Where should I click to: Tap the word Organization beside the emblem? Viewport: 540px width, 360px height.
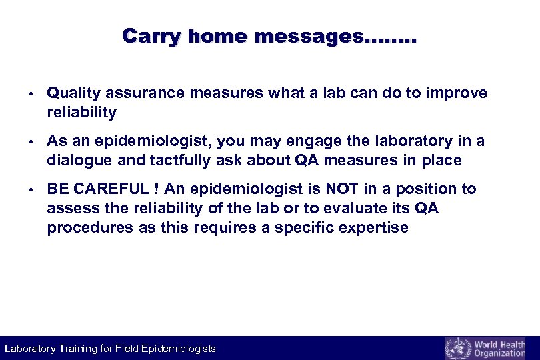click(x=499, y=353)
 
